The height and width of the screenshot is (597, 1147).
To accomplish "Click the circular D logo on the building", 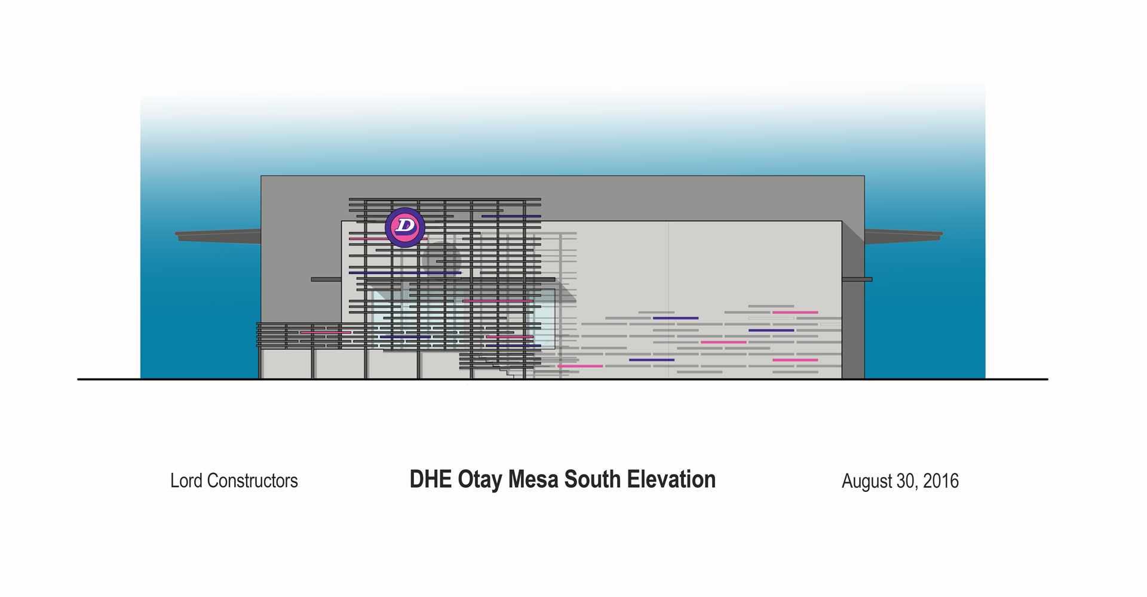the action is coord(405,227).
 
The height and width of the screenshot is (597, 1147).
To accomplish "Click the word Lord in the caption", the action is coord(186,481).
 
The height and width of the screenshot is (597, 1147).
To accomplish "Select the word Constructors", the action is coord(252,481).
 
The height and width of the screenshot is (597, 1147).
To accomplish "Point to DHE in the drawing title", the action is coord(431,479).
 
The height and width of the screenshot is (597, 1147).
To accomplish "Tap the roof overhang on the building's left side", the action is coord(218,236).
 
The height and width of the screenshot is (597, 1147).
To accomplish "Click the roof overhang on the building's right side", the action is coord(903,236).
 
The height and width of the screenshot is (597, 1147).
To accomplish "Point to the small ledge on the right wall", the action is coord(857,279).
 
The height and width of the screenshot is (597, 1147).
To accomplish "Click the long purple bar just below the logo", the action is coord(405,273).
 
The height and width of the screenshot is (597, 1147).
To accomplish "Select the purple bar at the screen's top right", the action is coord(511,216).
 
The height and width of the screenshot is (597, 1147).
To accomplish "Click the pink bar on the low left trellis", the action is coord(326,332).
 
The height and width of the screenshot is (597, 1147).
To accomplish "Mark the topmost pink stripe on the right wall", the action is coord(795,312).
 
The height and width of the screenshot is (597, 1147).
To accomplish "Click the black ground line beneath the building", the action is coord(563,379).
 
